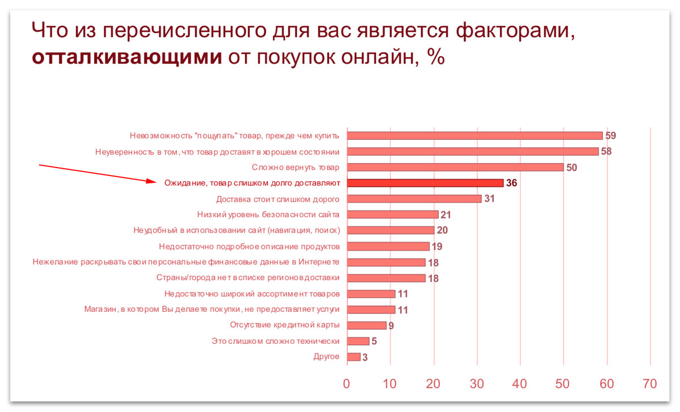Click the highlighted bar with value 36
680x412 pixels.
coord(425,183)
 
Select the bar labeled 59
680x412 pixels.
coord(474,135)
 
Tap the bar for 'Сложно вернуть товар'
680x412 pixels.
coord(455,167)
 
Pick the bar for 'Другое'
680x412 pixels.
coord(354,357)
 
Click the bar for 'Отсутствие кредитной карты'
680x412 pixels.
coord(367,325)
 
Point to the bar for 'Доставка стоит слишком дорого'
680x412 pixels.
coord(414,199)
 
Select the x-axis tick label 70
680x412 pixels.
coord(650,383)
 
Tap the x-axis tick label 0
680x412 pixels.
coord(347,383)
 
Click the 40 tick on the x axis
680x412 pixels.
coord(520,383)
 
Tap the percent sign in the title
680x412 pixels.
coord(435,57)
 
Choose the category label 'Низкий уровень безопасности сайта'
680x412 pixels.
coord(268,214)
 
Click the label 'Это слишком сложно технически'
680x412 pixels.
coord(275,341)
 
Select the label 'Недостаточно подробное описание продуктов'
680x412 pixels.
coord(249,246)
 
